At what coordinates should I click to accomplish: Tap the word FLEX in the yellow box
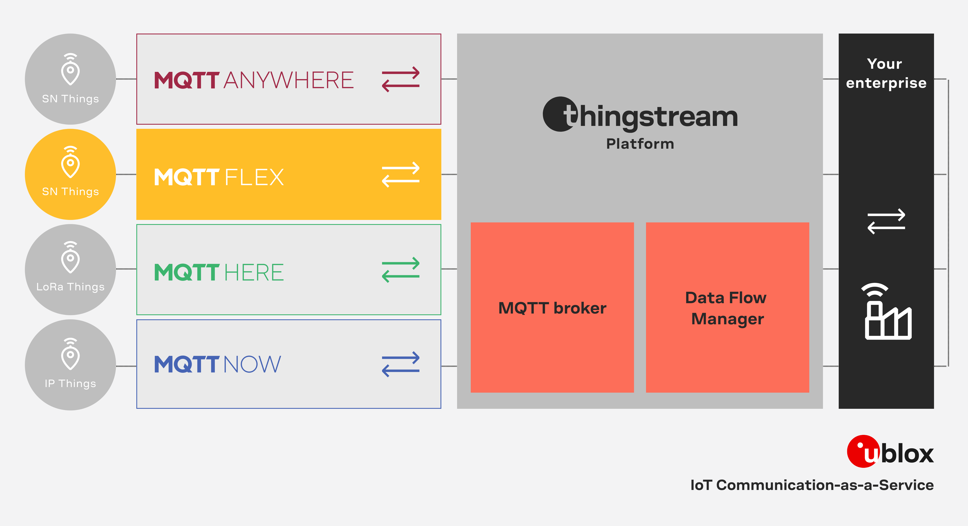tap(254, 177)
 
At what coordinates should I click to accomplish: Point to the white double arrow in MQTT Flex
tap(401, 175)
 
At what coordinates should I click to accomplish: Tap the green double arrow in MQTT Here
tap(401, 270)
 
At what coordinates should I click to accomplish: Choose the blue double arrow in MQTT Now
tap(401, 364)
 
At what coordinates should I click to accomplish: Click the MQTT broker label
tap(552, 308)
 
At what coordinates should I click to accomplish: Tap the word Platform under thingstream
tap(640, 144)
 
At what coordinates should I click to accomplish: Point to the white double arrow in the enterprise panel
tap(886, 221)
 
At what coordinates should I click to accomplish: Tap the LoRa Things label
tap(70, 287)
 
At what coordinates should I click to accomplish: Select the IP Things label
tap(70, 383)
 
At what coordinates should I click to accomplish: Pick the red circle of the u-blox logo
tap(860, 451)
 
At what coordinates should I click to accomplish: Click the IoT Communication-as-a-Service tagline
tap(812, 485)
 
